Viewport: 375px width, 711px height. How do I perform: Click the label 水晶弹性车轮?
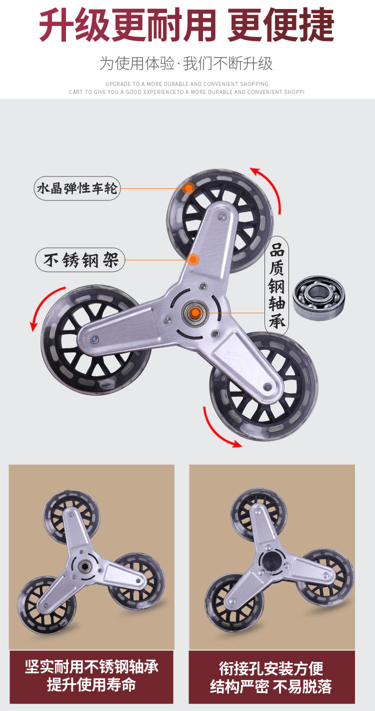coord(77,188)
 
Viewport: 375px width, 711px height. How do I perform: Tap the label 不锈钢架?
coord(80,260)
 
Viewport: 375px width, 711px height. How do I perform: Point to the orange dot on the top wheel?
coord(188,188)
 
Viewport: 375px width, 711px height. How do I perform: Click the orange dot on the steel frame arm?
coord(193,259)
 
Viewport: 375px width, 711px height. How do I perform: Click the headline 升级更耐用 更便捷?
coord(186,25)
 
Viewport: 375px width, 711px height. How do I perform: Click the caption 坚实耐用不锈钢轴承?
coord(92,667)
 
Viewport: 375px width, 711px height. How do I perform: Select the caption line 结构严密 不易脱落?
coord(271,687)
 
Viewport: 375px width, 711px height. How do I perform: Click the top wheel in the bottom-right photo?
coord(258,512)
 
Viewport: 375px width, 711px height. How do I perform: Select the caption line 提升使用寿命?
coord(92,685)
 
